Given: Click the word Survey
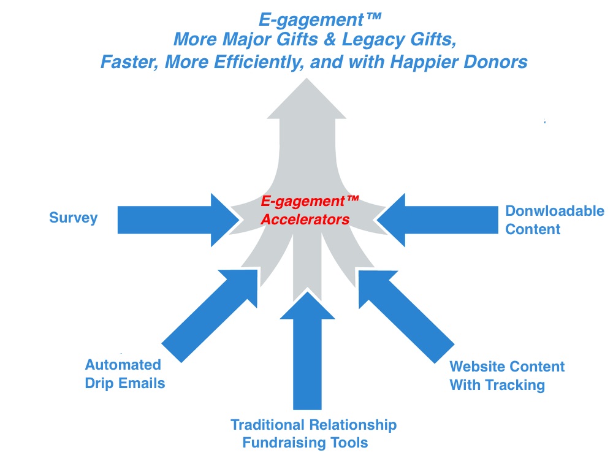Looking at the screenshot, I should click(73, 218).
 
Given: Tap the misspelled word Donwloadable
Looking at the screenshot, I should click(554, 211).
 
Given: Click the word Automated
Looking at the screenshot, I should click(123, 365).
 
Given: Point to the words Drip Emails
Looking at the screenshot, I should click(125, 383).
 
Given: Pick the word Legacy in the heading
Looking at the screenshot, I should click(367, 40).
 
